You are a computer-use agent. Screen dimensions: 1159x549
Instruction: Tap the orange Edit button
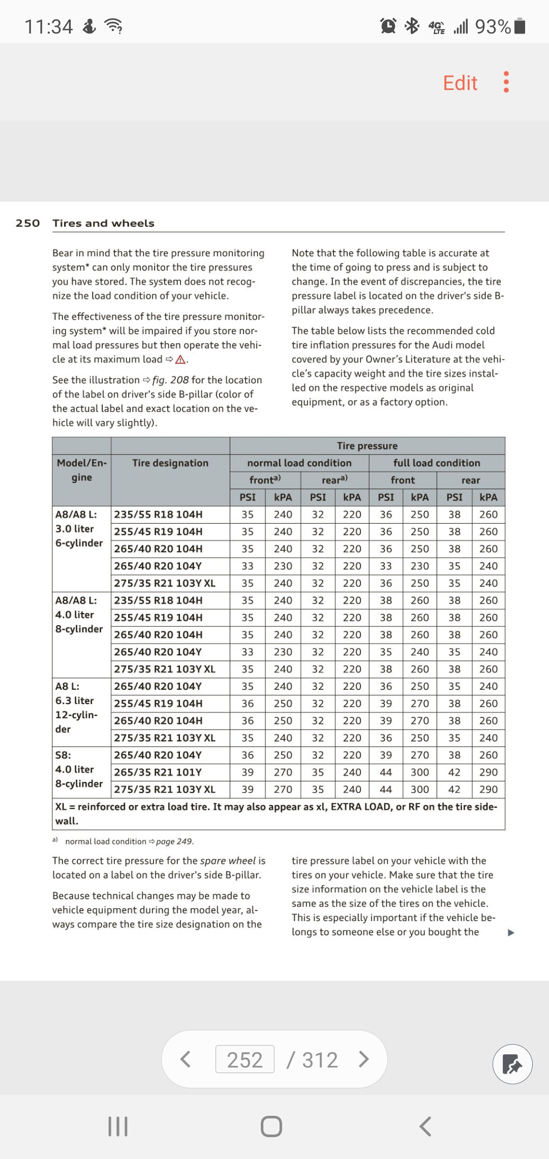point(460,83)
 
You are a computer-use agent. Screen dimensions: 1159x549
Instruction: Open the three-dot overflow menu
point(506,82)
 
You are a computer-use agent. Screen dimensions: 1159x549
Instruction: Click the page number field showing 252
point(245,1060)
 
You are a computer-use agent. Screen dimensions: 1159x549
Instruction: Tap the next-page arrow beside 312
point(363,1059)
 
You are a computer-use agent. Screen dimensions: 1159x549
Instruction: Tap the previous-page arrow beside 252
point(186,1059)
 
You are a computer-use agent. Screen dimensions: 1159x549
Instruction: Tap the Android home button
point(271,1126)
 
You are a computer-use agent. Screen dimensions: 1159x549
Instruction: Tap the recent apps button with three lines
point(118,1126)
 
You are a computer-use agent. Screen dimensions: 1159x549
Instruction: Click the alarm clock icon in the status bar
point(388,25)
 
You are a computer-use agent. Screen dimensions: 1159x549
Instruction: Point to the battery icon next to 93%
point(520,25)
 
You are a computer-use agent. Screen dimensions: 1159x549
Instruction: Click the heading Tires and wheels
point(103,223)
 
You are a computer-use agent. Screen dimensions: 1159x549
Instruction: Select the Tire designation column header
point(170,463)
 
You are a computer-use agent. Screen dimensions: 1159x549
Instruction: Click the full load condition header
point(437,463)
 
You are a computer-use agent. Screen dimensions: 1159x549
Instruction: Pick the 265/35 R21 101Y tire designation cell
point(158,772)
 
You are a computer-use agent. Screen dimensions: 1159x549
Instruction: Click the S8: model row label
point(63,755)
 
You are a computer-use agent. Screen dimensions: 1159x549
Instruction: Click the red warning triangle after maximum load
point(180,360)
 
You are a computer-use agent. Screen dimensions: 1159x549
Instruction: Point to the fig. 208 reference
point(170,380)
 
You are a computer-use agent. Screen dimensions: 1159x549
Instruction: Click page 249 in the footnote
point(174,841)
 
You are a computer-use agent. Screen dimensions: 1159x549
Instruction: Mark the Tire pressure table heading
point(367,446)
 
